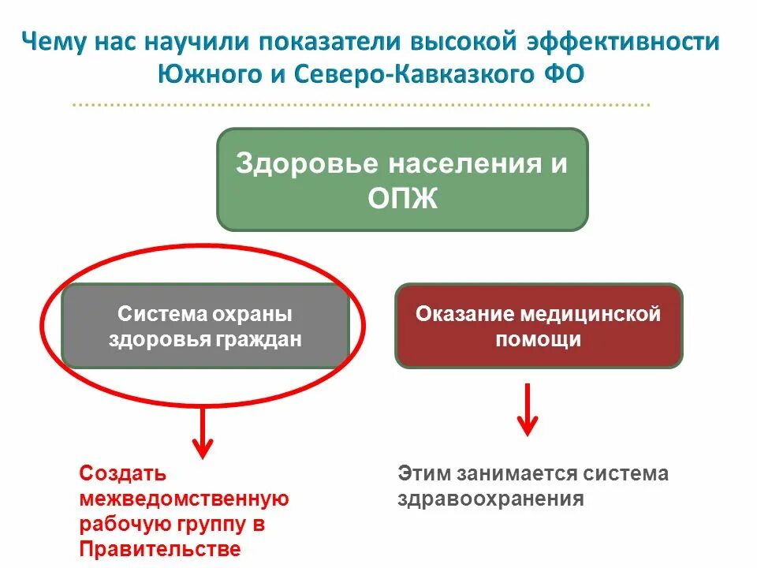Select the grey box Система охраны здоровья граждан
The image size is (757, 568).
coord(205,326)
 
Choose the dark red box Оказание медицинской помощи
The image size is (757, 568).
coord(539,326)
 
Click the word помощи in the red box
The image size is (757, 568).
coord(539,339)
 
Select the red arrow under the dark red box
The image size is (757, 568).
coord(528,410)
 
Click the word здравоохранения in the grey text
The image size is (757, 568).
coord(490,499)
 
